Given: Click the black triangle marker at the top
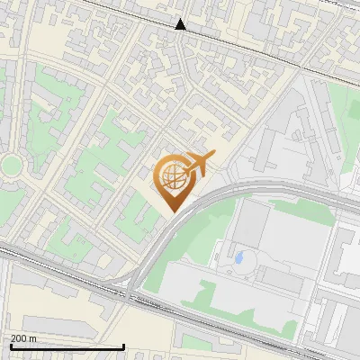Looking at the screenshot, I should click(181, 24).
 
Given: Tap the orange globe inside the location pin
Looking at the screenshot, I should click(171, 175).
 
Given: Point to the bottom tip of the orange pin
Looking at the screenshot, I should click(171, 212).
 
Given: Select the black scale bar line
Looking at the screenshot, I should click(67, 346).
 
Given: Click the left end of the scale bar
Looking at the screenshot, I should click(10, 346).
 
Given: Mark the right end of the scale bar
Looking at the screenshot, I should click(123, 346).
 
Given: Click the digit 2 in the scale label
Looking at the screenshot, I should click(13, 338).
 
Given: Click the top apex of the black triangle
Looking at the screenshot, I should click(181, 18).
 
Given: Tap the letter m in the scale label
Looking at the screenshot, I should click(32, 338).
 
